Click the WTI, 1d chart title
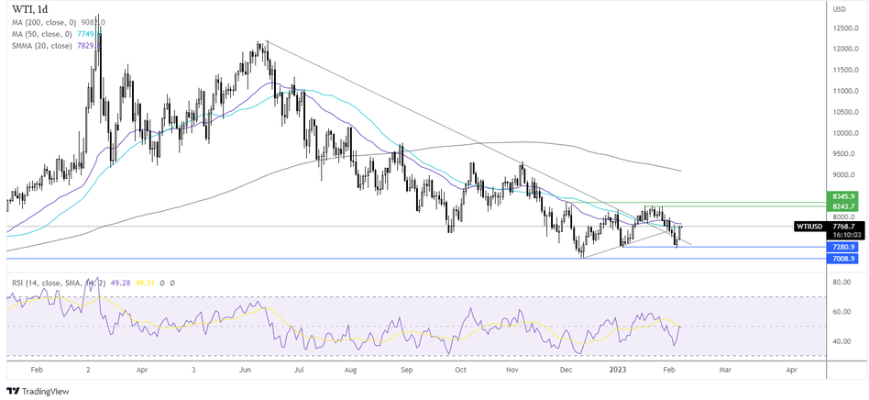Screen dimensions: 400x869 coord(35,9)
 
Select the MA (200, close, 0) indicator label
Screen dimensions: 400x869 coord(50,22)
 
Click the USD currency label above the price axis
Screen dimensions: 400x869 coord(838,9)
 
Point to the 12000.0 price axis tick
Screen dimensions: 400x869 coord(844,28)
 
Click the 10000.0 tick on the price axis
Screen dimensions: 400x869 coord(844,132)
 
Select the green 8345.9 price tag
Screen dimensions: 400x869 coord(843,196)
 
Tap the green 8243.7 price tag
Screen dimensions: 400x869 coord(843,206)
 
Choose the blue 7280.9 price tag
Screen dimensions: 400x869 coord(843,247)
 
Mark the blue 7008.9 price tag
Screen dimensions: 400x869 coord(843,260)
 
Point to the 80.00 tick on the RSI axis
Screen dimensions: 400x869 coord(841,283)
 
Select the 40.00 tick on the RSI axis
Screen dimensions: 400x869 coord(841,341)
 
